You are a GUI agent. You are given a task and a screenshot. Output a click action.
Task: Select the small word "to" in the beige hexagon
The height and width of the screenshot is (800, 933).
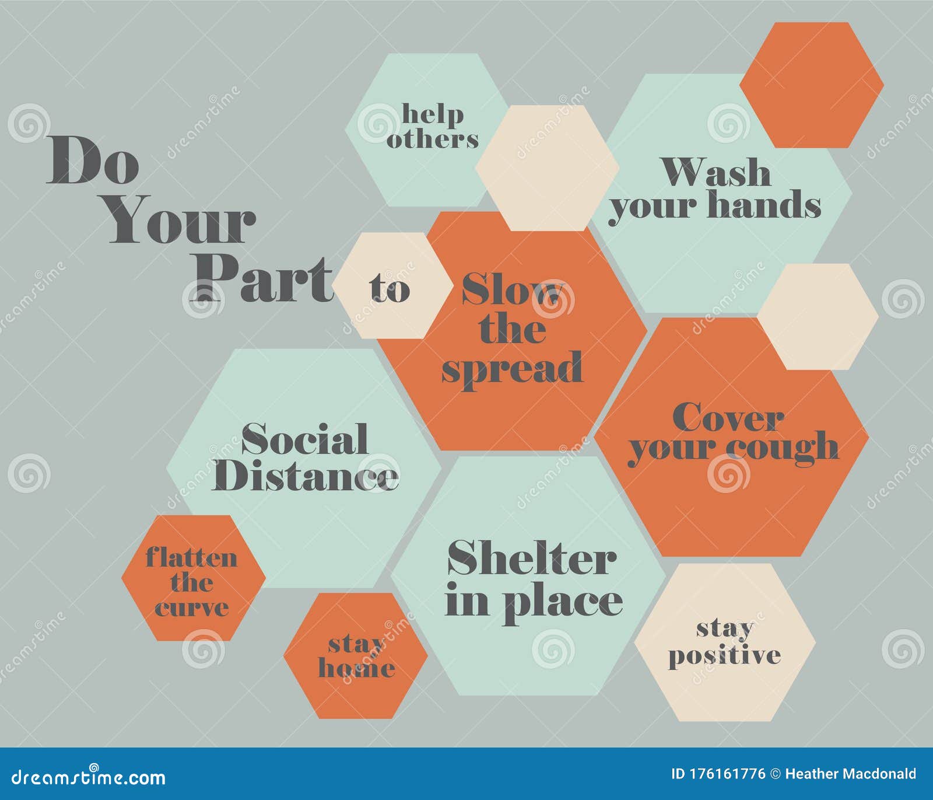tap(390, 288)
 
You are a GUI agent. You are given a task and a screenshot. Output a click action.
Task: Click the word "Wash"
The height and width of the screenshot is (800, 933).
tap(716, 173)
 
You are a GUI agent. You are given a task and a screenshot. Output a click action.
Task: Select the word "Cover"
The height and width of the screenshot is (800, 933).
tap(728, 418)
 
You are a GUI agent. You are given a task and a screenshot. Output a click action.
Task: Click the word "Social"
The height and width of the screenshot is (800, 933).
tap(304, 439)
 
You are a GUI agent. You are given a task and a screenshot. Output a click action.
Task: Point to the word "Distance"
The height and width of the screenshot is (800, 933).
tap(305, 476)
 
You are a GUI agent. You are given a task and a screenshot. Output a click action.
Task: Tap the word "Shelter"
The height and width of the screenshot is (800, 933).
tap(532, 559)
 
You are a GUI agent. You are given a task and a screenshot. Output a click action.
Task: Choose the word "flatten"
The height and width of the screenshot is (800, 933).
tap(191, 557)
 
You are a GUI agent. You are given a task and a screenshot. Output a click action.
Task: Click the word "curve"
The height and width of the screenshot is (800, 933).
tap(191, 608)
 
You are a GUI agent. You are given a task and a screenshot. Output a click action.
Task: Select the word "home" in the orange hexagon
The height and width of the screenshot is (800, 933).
tap(356, 668)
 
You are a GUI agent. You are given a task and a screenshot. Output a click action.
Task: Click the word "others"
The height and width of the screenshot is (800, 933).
tap(432, 139)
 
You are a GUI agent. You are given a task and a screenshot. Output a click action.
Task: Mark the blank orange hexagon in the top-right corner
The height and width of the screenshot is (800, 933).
tap(811, 85)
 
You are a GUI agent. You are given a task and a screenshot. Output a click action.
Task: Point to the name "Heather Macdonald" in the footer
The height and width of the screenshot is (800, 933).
tap(851, 774)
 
